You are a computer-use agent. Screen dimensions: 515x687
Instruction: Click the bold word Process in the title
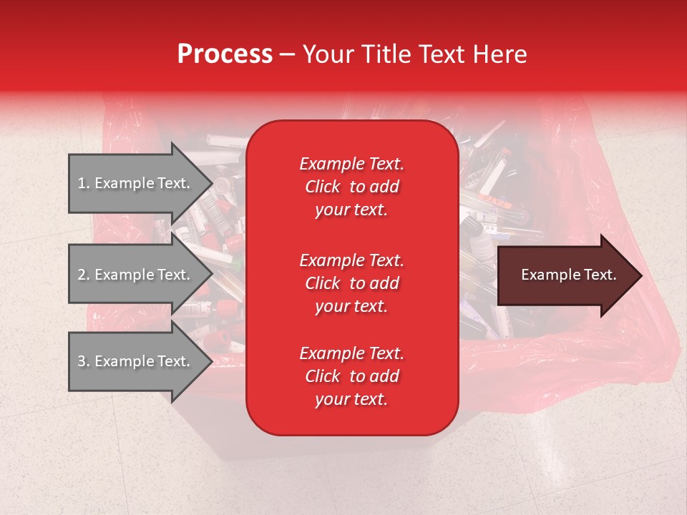(225, 54)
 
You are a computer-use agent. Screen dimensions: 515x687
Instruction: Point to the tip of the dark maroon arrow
(640, 275)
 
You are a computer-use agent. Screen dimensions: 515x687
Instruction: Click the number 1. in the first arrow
(84, 183)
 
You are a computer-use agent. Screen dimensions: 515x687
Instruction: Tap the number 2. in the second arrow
(84, 275)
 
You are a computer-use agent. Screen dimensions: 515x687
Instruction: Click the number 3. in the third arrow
(84, 361)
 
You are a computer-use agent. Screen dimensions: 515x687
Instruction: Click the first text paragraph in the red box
(351, 187)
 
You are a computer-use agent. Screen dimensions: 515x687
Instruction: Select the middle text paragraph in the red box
(351, 283)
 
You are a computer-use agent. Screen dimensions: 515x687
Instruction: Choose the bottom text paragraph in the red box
(351, 376)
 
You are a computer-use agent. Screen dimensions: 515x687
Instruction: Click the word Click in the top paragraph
(322, 187)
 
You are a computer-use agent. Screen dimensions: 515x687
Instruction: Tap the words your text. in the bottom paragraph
(351, 400)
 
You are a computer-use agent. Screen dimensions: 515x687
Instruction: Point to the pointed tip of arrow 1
(211, 183)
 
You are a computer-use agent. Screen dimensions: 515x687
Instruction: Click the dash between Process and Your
(287, 54)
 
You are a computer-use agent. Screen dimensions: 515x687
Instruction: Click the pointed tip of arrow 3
(211, 361)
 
